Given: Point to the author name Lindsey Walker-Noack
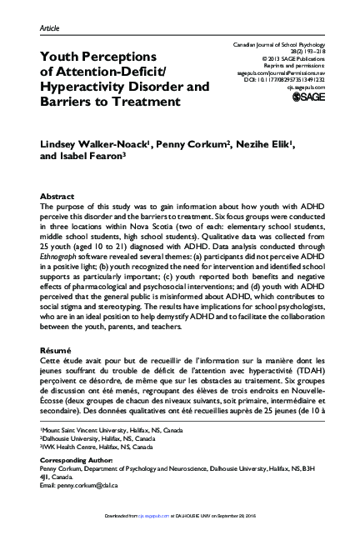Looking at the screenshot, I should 85,147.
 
